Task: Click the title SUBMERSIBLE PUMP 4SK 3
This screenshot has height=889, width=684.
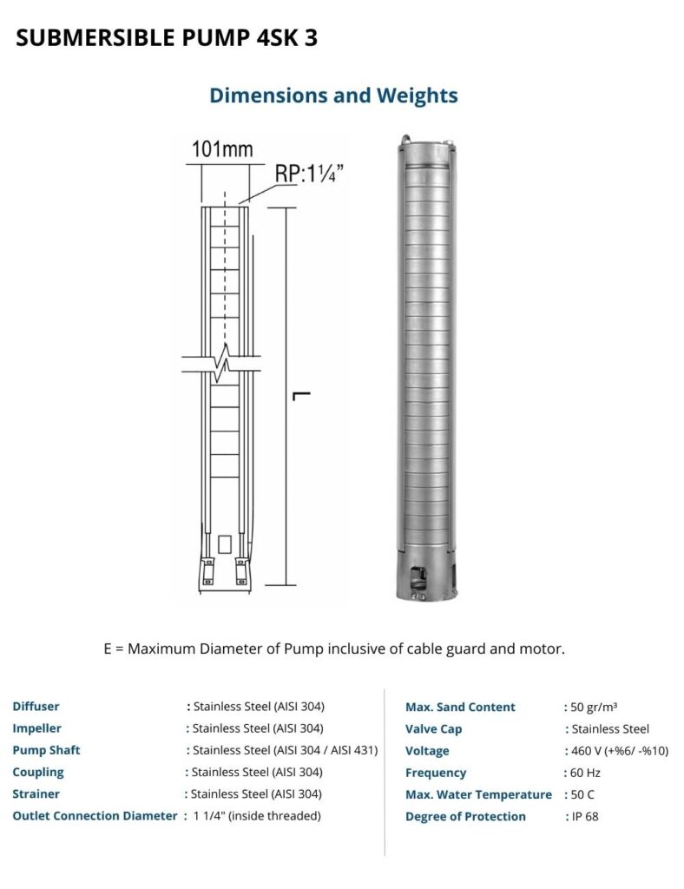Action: coord(173,39)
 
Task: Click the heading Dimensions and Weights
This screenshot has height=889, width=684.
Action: coord(333,95)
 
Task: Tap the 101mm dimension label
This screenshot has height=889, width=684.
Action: coord(222,148)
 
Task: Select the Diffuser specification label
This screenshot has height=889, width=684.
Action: coord(36,707)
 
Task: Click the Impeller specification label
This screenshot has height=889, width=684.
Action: coord(36,728)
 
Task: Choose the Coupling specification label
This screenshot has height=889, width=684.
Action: coord(37,772)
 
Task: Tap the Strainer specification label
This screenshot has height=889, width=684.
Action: coord(36,794)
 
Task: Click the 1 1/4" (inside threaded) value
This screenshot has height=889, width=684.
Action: coord(257,815)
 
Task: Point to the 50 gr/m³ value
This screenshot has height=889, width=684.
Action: coord(594,707)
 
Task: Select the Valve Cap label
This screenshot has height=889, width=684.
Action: coord(433,729)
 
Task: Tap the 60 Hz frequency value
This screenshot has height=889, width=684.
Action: coord(585,773)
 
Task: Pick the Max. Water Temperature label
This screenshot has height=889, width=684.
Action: coord(478,794)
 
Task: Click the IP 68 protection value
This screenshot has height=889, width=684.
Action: coord(584,816)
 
